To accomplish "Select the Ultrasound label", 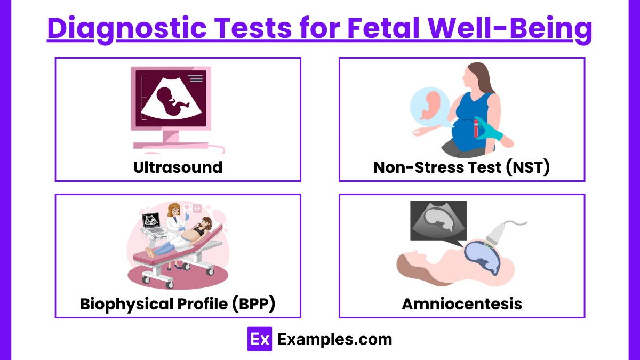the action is point(178,167).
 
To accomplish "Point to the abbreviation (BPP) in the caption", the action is point(254,303).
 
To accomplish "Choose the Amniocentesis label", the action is point(462,303).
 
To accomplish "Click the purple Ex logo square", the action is point(260,339).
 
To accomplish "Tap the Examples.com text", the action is point(334,339).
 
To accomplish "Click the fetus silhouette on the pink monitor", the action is point(172,101).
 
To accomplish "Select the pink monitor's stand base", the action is point(171,146).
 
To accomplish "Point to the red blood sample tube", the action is point(476,129).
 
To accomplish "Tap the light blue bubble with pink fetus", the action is point(430,106).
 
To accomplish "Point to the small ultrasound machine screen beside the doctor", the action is point(151,220).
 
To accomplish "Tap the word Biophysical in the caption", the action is point(126,304).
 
